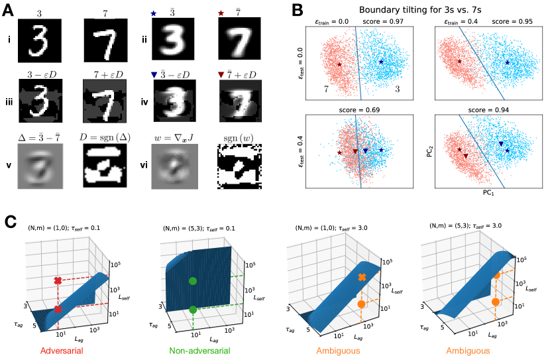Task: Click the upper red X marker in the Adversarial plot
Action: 58,281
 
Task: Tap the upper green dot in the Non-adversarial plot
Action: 193,281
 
